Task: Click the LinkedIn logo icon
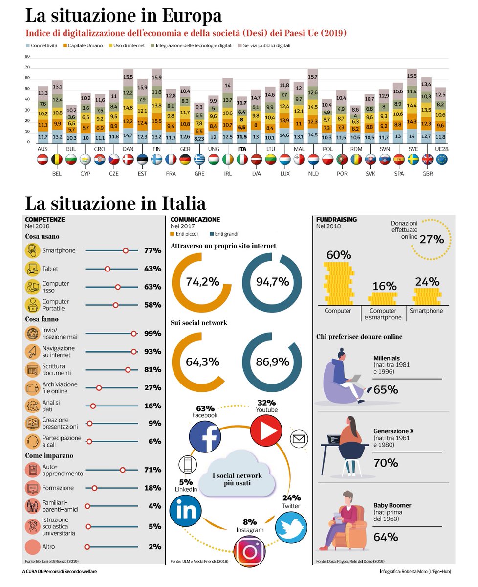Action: pos(186,510)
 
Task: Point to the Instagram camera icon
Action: pos(249,551)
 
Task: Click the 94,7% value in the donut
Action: pos(273,281)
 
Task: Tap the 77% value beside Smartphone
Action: pos(152,250)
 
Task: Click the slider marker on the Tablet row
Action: pos(108,269)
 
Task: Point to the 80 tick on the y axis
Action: pos(27,56)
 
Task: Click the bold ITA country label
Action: pos(241,149)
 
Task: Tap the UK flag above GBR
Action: pos(428,159)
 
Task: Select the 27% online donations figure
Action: pos(432,239)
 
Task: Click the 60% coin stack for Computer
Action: pos(338,284)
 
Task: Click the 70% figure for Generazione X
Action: pos(386,463)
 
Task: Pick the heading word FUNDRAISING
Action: pos(337,220)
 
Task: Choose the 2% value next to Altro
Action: pos(154,547)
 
